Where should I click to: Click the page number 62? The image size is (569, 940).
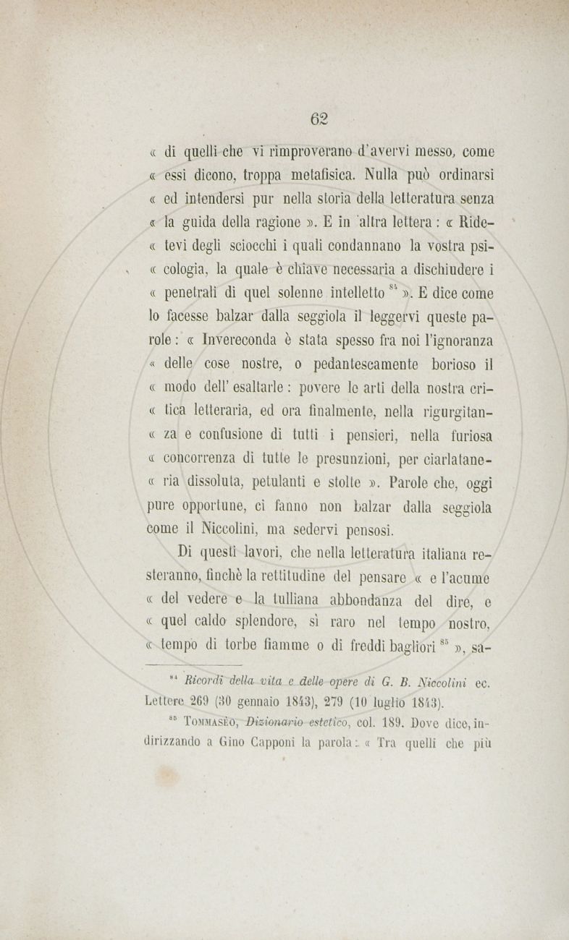(319, 119)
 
